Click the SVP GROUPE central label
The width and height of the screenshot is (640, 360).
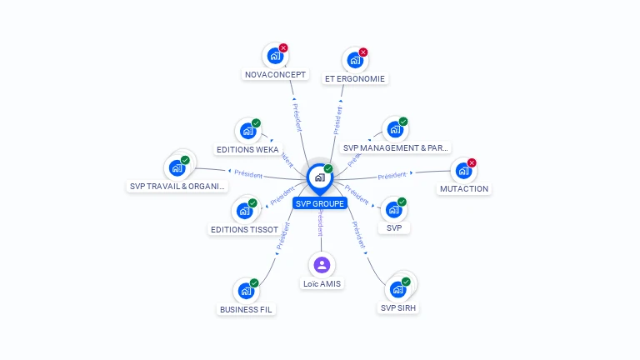tap(319, 203)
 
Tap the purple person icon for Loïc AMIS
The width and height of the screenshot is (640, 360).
tap(322, 265)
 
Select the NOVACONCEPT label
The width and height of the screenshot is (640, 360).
tap(276, 74)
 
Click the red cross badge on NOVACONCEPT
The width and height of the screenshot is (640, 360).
tap(283, 48)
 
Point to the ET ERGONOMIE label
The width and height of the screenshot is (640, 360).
tap(356, 78)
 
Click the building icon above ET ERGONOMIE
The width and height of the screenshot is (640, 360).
tap(355, 60)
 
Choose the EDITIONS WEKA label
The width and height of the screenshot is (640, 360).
tap(247, 150)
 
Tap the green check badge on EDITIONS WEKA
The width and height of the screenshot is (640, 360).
tap(256, 123)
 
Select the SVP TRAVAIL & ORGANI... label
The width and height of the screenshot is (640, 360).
tap(177, 187)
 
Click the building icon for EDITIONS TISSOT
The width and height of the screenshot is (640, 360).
tap(246, 208)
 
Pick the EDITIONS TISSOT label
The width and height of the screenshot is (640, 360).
tap(244, 229)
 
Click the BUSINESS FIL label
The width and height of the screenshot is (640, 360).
tap(246, 309)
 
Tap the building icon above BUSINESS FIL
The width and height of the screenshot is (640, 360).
tap(245, 291)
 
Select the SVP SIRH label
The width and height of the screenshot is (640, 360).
tap(398, 307)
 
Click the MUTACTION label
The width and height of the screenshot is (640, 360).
tap(464, 189)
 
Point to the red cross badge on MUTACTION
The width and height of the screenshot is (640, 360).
tap(472, 163)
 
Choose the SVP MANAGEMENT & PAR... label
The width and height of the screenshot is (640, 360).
tap(396, 148)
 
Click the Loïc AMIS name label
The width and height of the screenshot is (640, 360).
tap(322, 283)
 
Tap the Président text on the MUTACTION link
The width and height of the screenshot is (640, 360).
tap(392, 175)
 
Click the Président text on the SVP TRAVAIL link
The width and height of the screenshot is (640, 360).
tap(248, 175)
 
